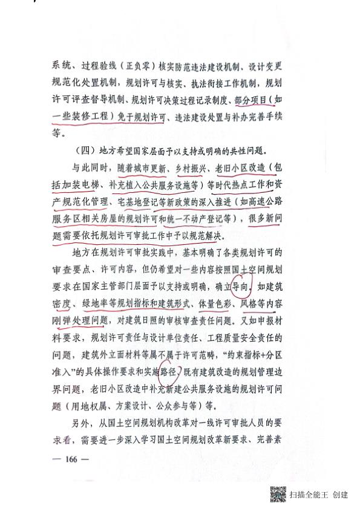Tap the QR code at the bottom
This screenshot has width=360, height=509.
pos(277,494)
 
